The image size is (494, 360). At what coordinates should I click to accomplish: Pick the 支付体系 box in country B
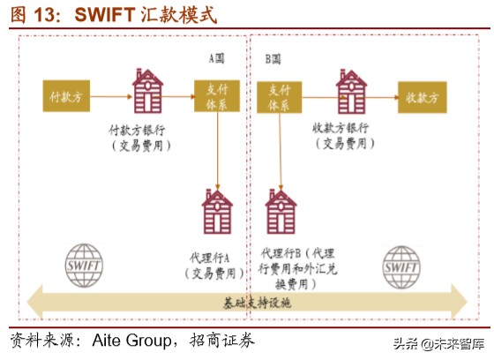[280, 94]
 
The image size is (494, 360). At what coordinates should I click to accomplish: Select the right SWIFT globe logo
[401, 263]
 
